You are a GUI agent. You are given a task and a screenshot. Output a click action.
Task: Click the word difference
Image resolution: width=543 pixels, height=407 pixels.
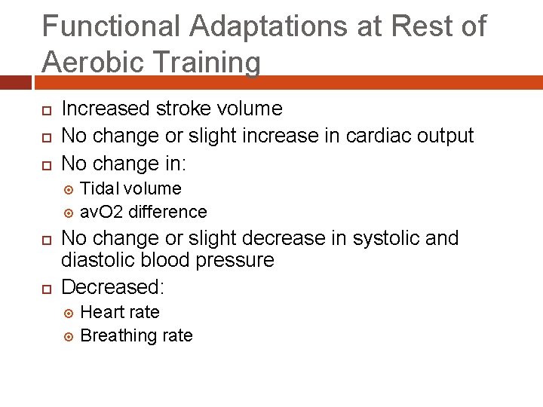167,212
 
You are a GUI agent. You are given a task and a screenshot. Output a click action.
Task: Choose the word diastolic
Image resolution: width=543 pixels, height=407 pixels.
95,260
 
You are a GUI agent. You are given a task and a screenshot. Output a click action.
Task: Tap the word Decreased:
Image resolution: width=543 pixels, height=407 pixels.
113,287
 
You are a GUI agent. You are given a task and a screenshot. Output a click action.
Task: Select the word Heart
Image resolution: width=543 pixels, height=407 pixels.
103,312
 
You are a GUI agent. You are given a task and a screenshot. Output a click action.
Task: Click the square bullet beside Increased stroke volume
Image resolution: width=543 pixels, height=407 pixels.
46,110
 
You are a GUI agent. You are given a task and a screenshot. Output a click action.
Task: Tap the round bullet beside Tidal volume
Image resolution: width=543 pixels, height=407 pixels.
66,189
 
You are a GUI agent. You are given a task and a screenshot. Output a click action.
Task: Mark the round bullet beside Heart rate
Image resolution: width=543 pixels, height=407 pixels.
66,313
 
